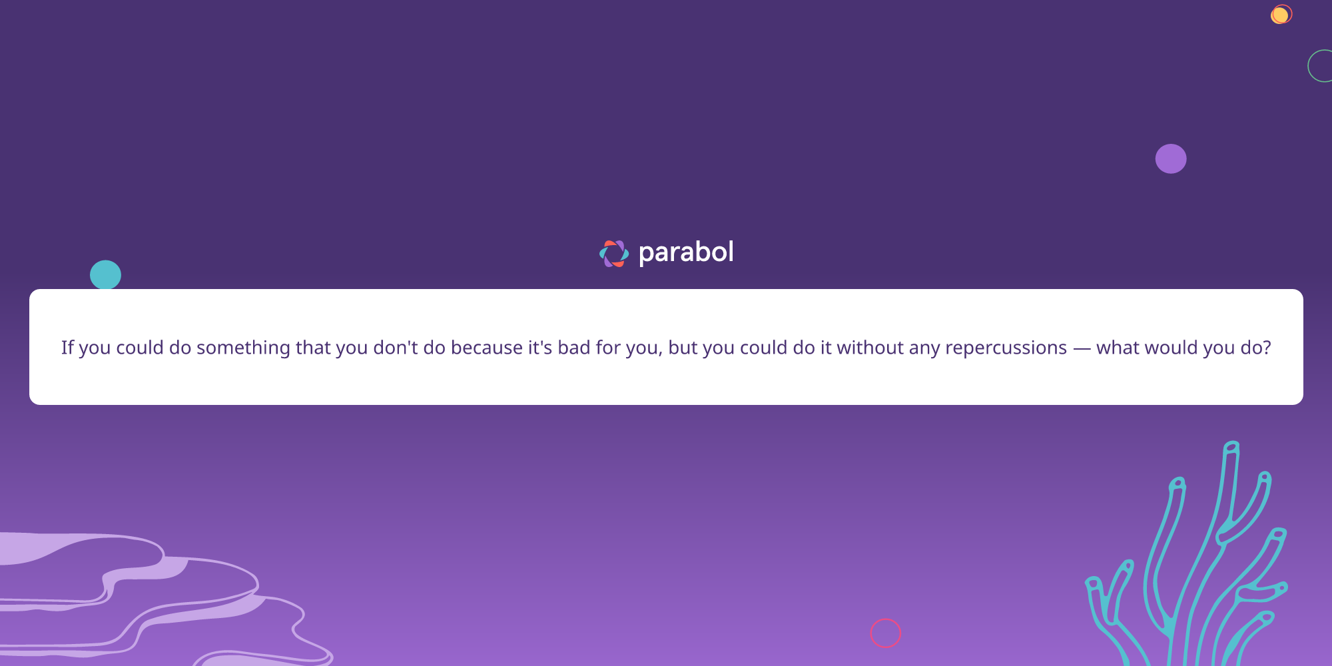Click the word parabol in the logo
[686, 252]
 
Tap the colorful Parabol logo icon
[613, 254]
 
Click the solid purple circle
[1171, 159]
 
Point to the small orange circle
[1280, 15]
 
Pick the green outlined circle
[1322, 66]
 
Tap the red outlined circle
[886, 633]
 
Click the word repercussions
[1006, 348]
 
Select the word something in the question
[243, 348]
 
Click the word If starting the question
[67, 348]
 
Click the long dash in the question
[1082, 348]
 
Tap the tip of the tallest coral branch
[1232, 447]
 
